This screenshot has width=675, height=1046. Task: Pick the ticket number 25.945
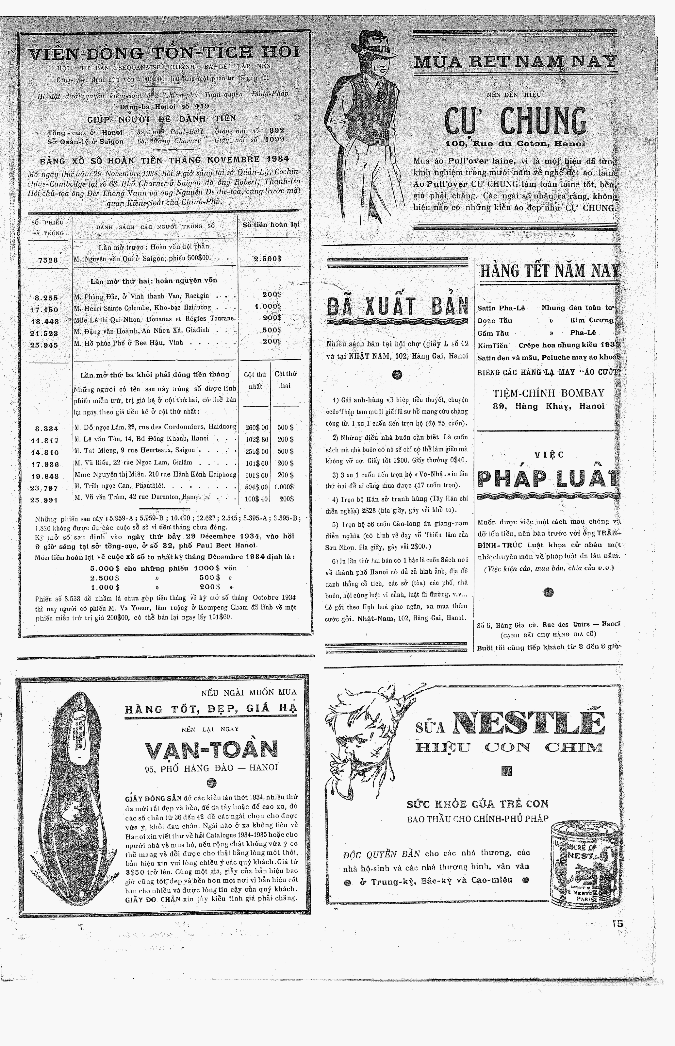coord(44,345)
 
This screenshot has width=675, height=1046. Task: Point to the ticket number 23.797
coord(44,488)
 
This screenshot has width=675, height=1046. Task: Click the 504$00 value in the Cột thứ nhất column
coord(256,487)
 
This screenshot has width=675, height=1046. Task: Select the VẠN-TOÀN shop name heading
coord(212,750)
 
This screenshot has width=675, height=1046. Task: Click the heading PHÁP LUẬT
coord(548,480)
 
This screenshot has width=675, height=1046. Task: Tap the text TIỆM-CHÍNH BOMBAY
coord(548,393)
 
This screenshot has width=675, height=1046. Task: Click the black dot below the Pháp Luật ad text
coord(548,592)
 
